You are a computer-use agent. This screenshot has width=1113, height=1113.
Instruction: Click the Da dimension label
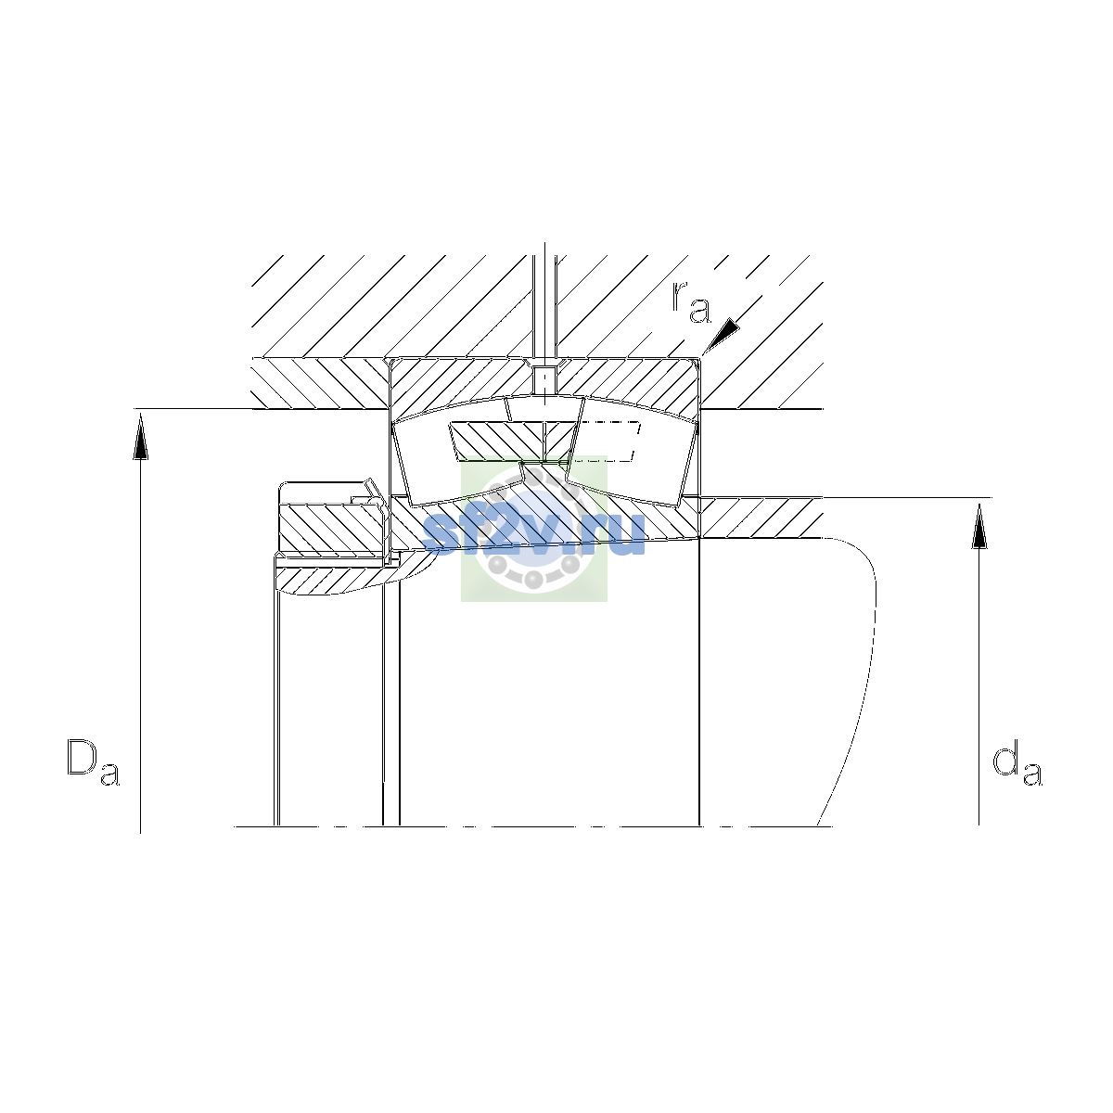(93, 761)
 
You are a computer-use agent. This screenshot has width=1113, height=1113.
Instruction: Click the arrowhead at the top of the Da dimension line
(140, 437)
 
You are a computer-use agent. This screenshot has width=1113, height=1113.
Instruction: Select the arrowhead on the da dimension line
(979, 526)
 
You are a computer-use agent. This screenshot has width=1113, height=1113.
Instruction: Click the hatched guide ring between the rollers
(513, 441)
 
